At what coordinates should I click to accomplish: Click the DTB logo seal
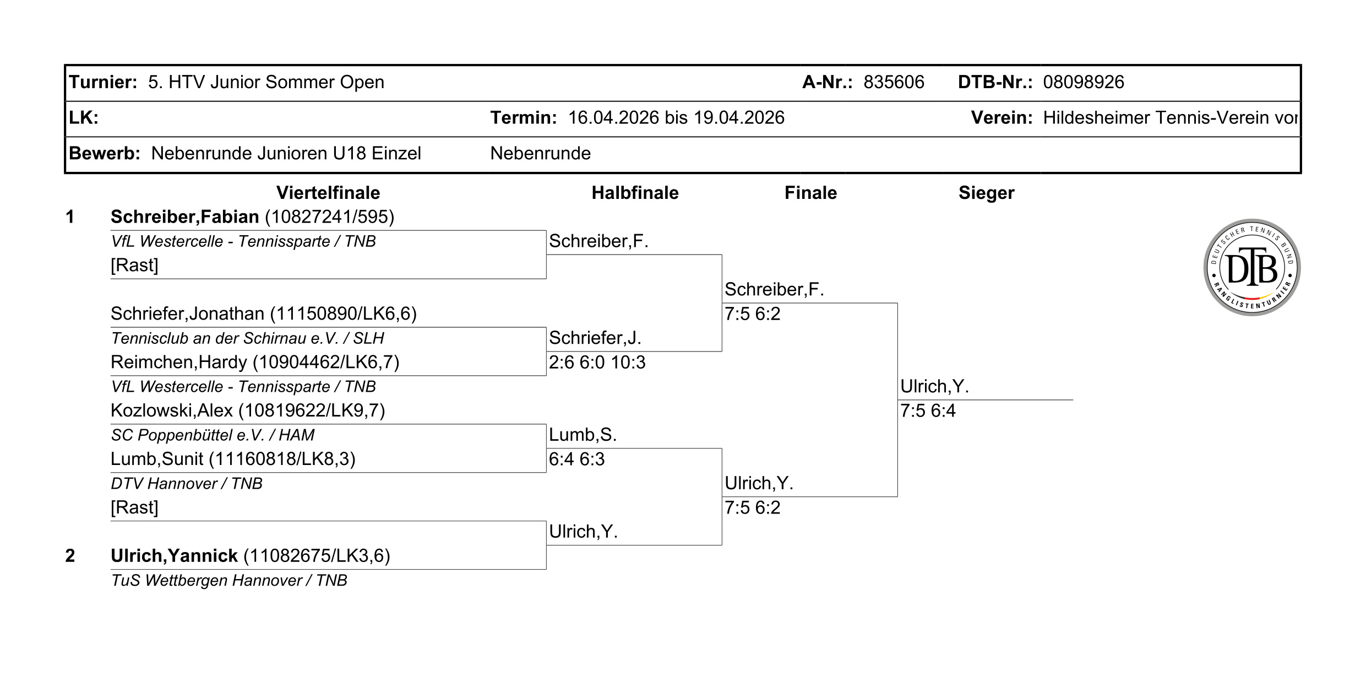[x=1251, y=267]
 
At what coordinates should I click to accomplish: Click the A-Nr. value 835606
[x=894, y=82]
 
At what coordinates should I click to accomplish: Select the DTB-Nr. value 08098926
[x=1084, y=82]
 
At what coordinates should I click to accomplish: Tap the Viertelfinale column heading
[x=328, y=193]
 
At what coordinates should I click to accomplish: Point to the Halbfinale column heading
[x=635, y=193]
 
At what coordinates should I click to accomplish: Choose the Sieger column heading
[x=986, y=193]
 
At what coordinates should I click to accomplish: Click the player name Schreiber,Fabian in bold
[x=185, y=217]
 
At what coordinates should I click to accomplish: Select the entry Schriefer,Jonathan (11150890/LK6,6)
[x=264, y=314]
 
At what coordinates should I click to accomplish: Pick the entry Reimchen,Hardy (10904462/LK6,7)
[x=255, y=363]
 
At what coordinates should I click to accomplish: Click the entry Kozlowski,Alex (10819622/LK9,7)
[x=248, y=411]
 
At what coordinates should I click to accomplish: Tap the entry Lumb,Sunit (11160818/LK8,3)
[x=233, y=459]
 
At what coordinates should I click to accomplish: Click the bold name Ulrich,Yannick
[x=174, y=556]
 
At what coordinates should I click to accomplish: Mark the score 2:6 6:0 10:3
[x=597, y=363]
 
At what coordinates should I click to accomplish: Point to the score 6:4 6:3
[x=576, y=459]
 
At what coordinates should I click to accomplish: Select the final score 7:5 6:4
[x=928, y=411]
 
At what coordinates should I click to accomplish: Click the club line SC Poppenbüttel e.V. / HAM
[x=213, y=435]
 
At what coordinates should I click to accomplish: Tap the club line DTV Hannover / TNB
[x=187, y=484]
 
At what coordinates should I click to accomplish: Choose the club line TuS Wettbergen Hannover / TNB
[x=229, y=581]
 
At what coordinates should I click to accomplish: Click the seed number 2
[x=70, y=556]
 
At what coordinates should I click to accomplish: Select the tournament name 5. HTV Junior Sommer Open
[x=266, y=83]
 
